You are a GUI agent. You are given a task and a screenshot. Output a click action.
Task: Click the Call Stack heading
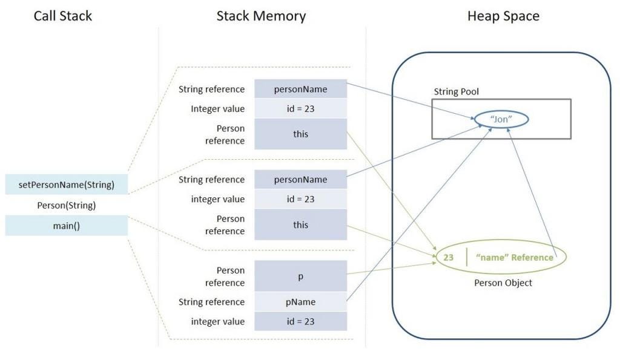(x=63, y=16)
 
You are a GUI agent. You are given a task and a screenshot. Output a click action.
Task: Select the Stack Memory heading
(x=261, y=16)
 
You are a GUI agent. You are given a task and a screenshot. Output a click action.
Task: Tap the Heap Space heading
(x=503, y=16)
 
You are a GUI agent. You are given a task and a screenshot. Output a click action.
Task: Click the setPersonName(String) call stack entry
(x=67, y=184)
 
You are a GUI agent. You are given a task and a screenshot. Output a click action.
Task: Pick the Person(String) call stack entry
(x=67, y=205)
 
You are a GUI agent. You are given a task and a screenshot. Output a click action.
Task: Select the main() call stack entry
(x=67, y=226)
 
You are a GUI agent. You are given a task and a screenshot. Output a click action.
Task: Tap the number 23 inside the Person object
(x=448, y=257)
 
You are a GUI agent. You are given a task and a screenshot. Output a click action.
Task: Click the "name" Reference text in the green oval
(x=515, y=257)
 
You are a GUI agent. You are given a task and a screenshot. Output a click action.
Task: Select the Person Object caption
(x=504, y=283)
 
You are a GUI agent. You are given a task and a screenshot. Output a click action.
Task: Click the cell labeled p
(x=300, y=276)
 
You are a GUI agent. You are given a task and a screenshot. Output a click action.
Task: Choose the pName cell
(x=300, y=302)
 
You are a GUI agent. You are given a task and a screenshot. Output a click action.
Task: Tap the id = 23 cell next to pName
(x=300, y=321)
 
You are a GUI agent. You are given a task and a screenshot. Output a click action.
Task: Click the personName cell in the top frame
(x=300, y=89)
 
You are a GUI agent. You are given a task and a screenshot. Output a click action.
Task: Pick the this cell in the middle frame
(x=300, y=224)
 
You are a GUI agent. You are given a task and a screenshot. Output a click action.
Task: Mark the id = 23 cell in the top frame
(x=300, y=109)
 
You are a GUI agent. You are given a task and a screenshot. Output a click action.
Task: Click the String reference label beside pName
(x=212, y=302)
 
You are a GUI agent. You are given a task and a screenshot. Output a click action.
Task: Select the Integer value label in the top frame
(x=218, y=109)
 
